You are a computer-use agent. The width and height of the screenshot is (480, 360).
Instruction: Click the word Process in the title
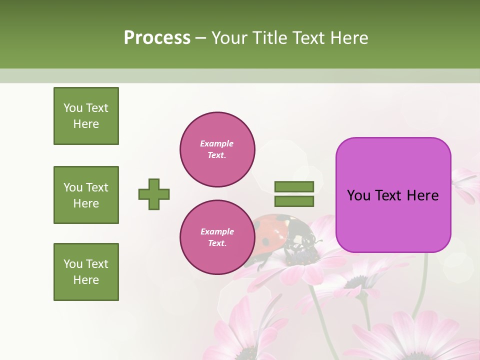tap(157, 38)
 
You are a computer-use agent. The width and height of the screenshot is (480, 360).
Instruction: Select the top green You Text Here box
tap(86, 116)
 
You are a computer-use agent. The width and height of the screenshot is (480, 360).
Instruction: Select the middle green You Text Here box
tap(86, 195)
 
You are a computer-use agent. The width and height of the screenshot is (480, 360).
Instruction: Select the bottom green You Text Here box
tap(86, 272)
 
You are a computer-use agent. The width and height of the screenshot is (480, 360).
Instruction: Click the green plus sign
tap(154, 194)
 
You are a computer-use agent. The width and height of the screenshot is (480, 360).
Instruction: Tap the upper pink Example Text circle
tap(217, 149)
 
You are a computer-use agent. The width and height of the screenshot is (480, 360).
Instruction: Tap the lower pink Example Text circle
tap(217, 237)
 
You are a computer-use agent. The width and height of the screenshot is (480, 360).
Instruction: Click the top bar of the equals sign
tap(294, 187)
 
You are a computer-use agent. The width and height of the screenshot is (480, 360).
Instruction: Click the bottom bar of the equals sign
tap(294, 201)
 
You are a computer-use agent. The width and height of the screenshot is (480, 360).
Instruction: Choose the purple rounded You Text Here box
tap(393, 195)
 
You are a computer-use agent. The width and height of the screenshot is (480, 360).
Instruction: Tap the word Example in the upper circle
tap(217, 143)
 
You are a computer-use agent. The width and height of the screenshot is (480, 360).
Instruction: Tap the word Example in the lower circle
tap(217, 231)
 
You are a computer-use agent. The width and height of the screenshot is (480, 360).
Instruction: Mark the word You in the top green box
tap(73, 108)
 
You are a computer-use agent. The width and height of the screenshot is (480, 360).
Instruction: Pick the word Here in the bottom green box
tap(86, 280)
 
